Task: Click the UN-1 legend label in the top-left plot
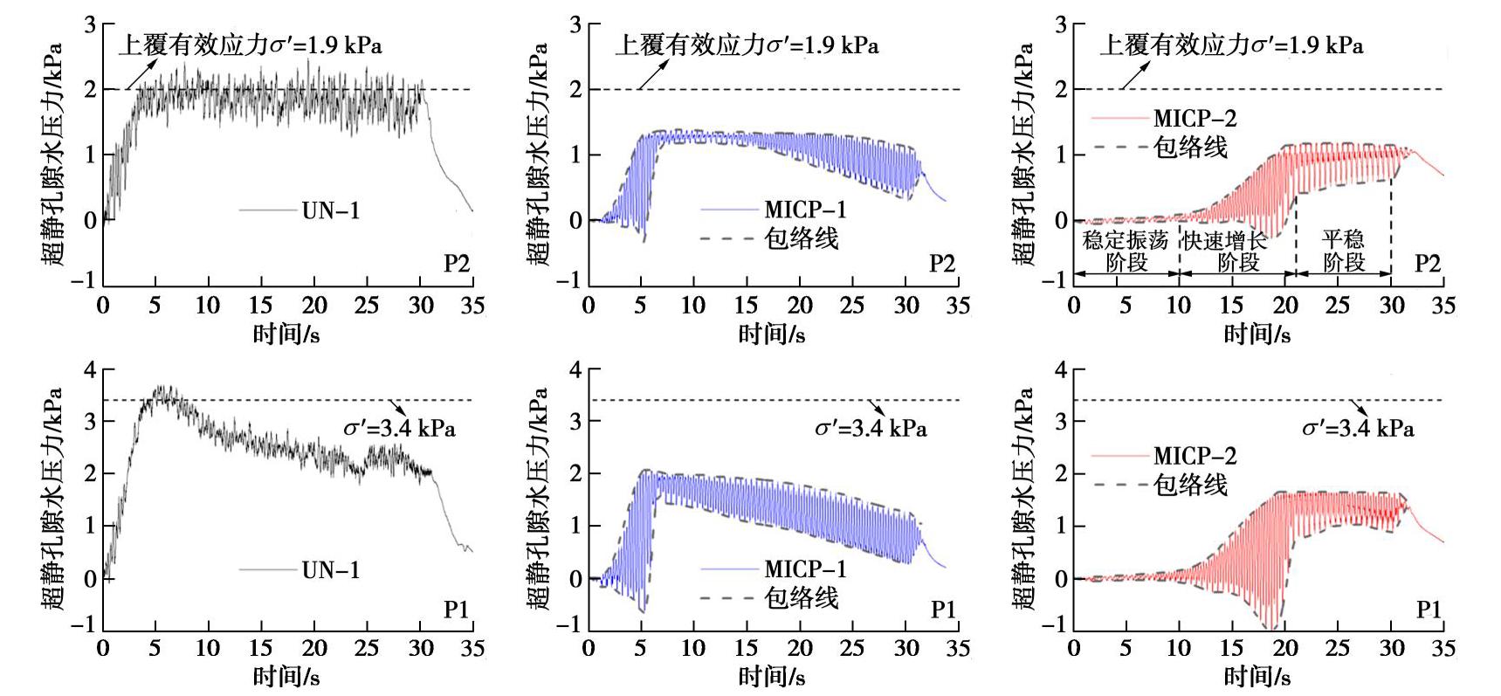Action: pyautogui.click(x=330, y=210)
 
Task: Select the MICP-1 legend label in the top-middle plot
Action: pyautogui.click(x=805, y=210)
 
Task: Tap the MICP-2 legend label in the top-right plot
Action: pyautogui.click(x=1195, y=118)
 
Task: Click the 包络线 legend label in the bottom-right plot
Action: pyautogui.click(x=1190, y=485)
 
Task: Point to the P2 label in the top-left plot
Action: pyautogui.click(x=457, y=263)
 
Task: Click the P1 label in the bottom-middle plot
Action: pyautogui.click(x=942, y=610)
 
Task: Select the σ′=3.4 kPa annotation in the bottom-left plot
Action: pyautogui.click(x=399, y=428)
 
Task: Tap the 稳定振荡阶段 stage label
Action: pyautogui.click(x=1126, y=251)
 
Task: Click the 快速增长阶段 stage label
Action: pyautogui.click(x=1237, y=251)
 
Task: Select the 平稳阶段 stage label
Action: pyautogui.click(x=1343, y=251)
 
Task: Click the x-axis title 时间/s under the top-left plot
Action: pyautogui.click(x=286, y=334)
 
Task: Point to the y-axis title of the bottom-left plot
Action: pyautogui.click(x=51, y=498)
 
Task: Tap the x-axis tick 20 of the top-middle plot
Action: pyautogui.click(x=799, y=305)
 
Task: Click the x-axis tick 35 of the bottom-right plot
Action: pyautogui.click(x=1443, y=648)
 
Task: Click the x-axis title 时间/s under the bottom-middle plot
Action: pyautogui.click(x=771, y=677)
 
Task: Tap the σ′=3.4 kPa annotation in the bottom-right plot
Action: pyautogui.click(x=1358, y=428)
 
